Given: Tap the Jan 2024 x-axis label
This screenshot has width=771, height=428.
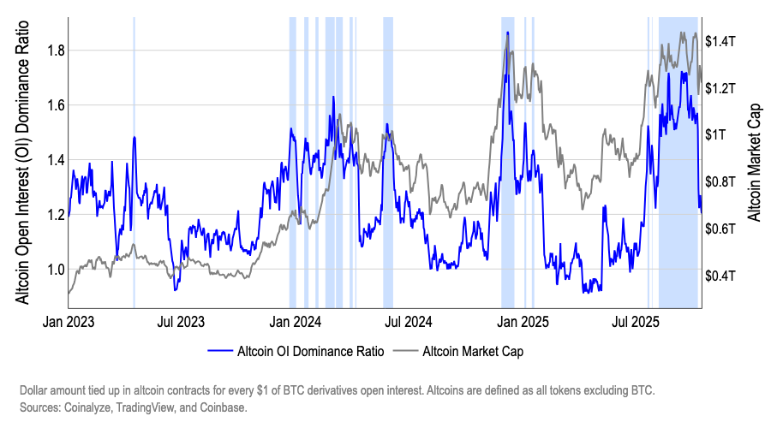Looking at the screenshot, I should click(x=294, y=323).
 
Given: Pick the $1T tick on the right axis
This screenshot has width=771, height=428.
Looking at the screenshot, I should click(x=717, y=135).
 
